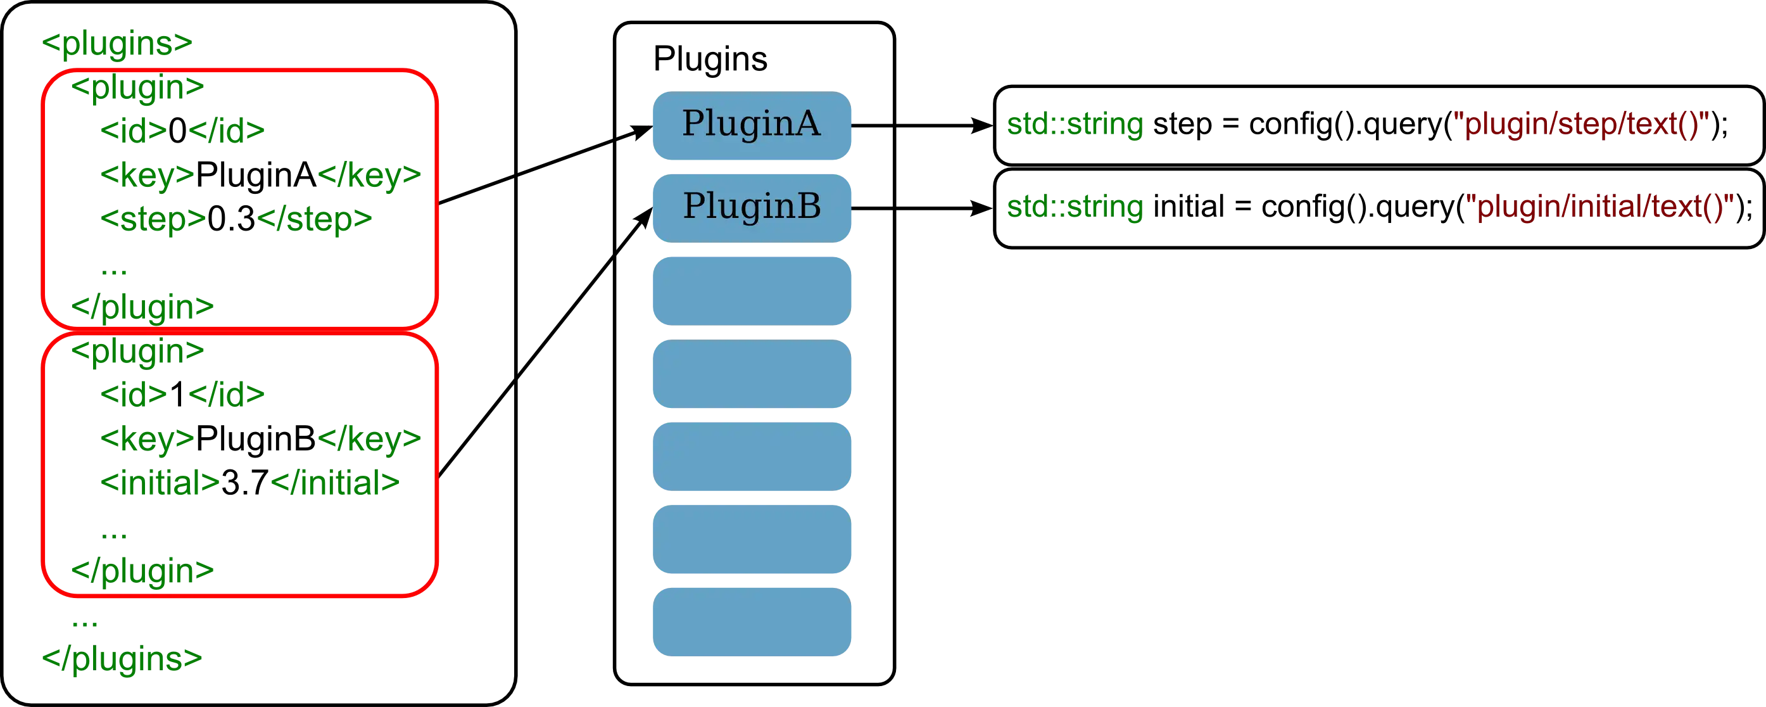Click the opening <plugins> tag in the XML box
click(117, 42)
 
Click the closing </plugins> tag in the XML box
click(122, 658)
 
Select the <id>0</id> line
click(184, 131)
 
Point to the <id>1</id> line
click(184, 394)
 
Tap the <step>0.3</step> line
click(237, 219)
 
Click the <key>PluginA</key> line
click(262, 174)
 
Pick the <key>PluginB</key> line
click(262, 438)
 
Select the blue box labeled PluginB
click(752, 207)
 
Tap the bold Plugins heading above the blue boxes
click(711, 57)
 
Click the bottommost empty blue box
click(752, 621)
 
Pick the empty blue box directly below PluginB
click(752, 291)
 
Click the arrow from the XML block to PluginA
click(545, 165)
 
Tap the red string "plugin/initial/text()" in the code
click(1604, 207)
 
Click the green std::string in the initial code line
click(1075, 207)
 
